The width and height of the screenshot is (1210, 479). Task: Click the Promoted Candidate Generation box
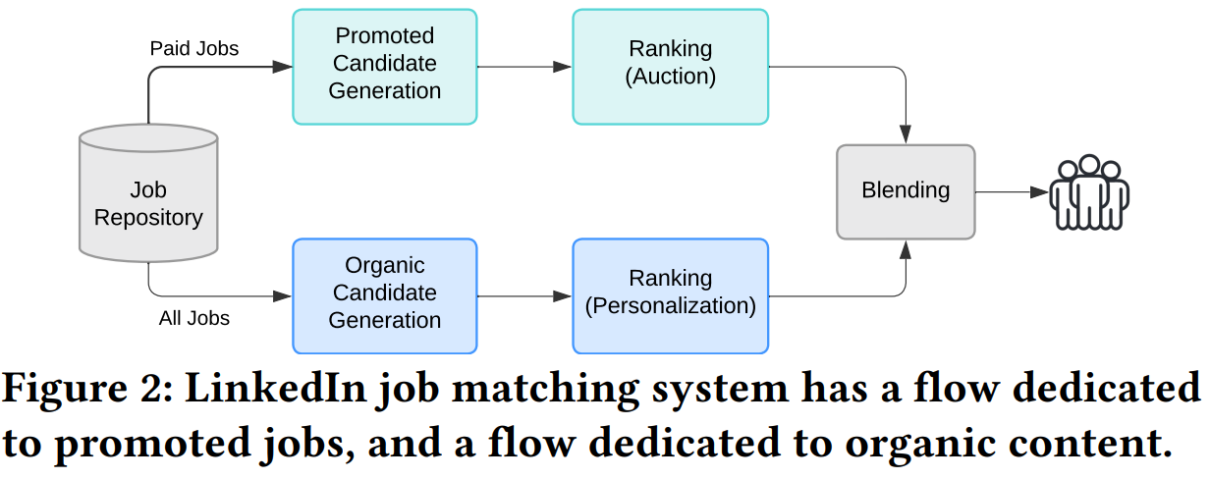[384, 66]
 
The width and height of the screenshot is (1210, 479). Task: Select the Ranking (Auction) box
[670, 66]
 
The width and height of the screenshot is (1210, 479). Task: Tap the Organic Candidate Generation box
[384, 295]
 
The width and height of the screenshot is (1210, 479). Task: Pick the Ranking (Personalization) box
[670, 295]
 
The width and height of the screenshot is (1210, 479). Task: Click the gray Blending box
[905, 191]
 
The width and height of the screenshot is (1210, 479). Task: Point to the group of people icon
[1088, 192]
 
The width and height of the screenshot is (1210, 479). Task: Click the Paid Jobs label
[193, 48]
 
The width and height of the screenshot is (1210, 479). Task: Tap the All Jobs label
[193, 318]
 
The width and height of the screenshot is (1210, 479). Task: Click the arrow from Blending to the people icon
[1011, 192]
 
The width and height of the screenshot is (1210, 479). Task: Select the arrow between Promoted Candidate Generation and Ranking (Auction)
[523, 67]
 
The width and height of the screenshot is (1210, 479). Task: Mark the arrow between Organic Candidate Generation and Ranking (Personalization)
[523, 296]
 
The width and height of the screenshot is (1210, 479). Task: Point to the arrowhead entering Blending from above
[905, 134]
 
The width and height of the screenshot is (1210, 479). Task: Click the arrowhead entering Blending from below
[905, 249]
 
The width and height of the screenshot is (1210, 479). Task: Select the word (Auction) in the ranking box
[670, 77]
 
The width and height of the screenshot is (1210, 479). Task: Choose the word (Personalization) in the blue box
[670, 306]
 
